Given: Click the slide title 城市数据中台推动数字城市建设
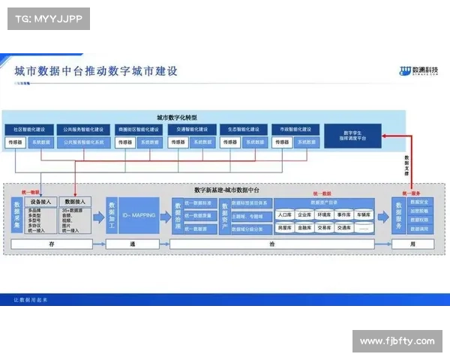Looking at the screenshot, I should coord(97,72).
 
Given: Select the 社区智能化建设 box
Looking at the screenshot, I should coord(30,129).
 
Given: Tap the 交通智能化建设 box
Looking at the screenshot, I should coord(193,129).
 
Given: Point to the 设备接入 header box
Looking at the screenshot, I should coord(40,202).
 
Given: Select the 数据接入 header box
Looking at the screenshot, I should coord(76,202).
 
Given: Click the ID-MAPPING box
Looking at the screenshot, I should coord(139,215).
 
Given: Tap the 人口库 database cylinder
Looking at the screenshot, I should coord(284,214).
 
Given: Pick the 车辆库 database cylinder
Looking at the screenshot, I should coord(363,214).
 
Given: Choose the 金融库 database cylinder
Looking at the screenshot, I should coord(304,226).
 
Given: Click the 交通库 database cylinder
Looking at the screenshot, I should coord(343,226).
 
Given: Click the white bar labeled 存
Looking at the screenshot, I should coord(52,244).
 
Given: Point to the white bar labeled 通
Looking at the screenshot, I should coord(133,244).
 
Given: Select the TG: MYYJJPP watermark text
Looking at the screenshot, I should coord(48,18).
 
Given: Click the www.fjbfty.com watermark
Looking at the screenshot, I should coord(397,341).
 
